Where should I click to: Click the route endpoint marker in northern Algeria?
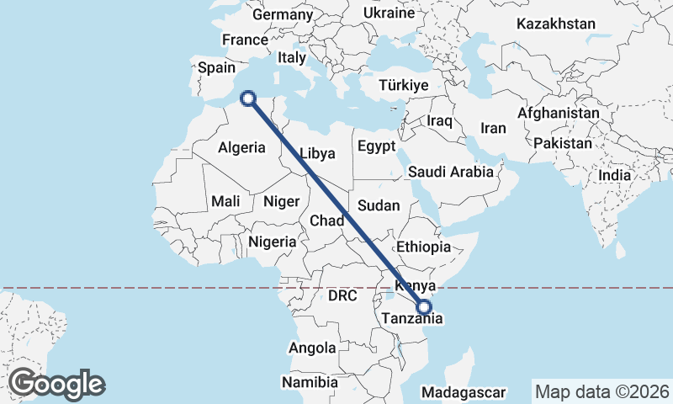(x=248, y=98)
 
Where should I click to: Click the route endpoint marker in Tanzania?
(x=424, y=308)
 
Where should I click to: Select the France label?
(x=244, y=40)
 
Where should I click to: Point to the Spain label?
(x=215, y=68)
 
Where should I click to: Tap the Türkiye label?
(x=404, y=86)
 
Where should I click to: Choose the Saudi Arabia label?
(x=450, y=172)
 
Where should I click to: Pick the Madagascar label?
(x=464, y=392)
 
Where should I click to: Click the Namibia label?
(x=310, y=382)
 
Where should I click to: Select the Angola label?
(x=312, y=348)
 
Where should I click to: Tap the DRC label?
(x=342, y=296)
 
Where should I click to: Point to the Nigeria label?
(x=272, y=242)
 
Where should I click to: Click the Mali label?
(x=225, y=201)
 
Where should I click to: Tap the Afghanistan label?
(x=559, y=113)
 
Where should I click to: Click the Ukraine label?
(x=389, y=13)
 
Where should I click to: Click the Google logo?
(x=56, y=384)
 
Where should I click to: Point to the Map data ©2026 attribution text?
(x=602, y=391)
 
